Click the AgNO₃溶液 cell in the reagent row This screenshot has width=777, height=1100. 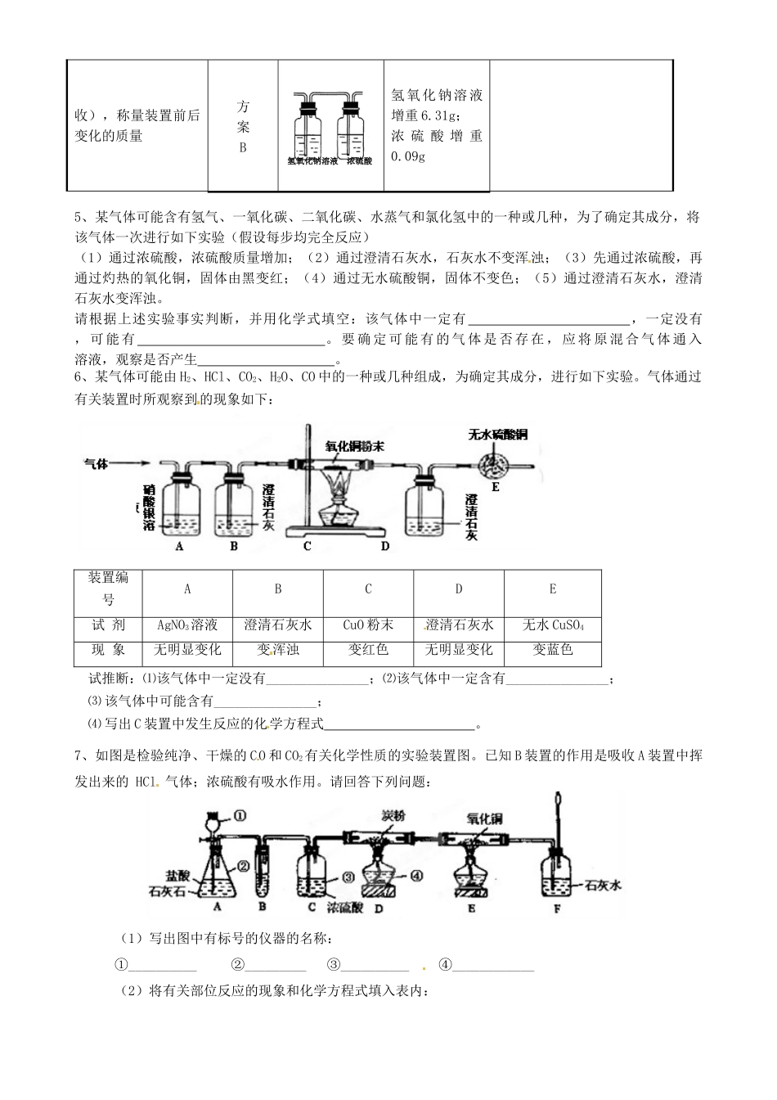point(187,625)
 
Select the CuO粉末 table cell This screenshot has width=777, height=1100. point(368,625)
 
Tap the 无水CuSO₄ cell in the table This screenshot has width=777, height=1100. point(552,625)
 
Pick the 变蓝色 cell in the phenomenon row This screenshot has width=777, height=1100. point(552,650)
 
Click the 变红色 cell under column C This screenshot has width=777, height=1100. point(368,650)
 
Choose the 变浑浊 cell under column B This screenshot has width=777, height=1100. point(277,650)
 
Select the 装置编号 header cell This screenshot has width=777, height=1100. point(108,588)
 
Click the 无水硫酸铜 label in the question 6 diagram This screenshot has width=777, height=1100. point(498,434)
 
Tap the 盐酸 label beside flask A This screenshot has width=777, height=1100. point(176,874)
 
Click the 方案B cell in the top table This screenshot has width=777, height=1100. point(243,127)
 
